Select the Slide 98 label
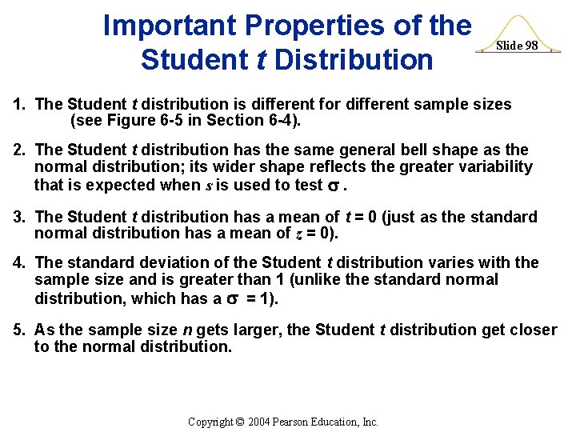[x=516, y=46]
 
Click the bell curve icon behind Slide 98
[x=517, y=27]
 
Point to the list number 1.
[x=18, y=105]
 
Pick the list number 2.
[x=18, y=150]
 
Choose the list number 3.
[x=18, y=217]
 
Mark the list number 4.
[x=18, y=262]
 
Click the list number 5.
[x=18, y=330]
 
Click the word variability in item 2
[x=487, y=167]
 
